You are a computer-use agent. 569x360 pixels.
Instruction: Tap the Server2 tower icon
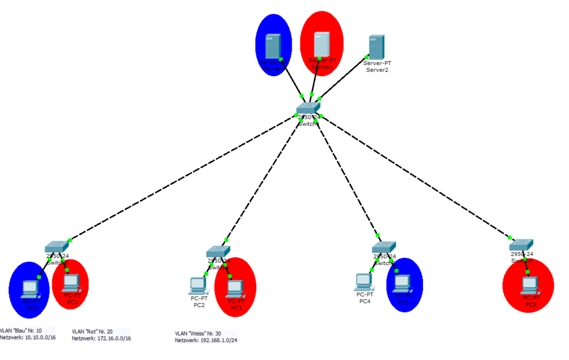(376, 48)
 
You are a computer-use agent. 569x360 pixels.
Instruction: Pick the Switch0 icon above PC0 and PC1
(57, 247)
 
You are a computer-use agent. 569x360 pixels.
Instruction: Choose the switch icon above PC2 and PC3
(217, 252)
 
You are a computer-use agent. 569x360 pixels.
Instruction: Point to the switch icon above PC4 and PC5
(383, 248)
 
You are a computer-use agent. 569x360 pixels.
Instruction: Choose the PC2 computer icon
(197, 286)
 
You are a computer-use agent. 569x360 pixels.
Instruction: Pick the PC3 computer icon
(236, 287)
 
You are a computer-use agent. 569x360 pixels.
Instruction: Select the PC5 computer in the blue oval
(402, 284)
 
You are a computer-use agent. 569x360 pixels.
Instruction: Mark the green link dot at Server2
(367, 56)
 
